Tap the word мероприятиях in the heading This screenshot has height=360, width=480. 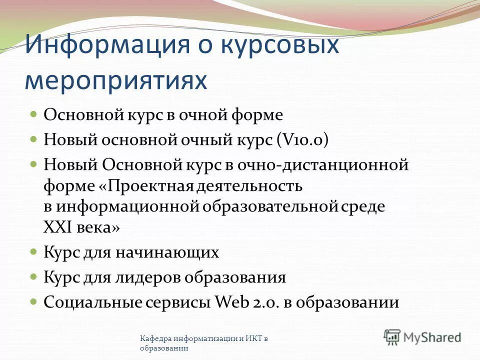click(x=115, y=81)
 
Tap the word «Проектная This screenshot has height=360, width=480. click(x=144, y=186)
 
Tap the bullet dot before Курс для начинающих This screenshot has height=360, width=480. click(x=34, y=251)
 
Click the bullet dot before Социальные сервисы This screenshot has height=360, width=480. click(x=34, y=301)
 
